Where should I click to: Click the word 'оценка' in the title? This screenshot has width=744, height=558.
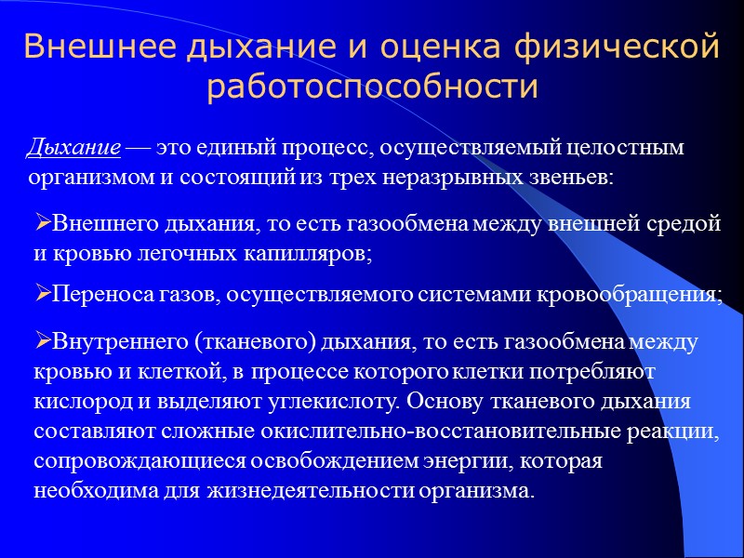(422, 47)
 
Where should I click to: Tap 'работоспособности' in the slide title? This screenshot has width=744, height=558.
(372, 86)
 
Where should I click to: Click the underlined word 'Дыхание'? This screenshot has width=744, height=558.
(73, 148)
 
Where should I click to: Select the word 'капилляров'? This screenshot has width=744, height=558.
(312, 251)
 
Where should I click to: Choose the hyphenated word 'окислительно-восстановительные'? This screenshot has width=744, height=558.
(429, 431)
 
